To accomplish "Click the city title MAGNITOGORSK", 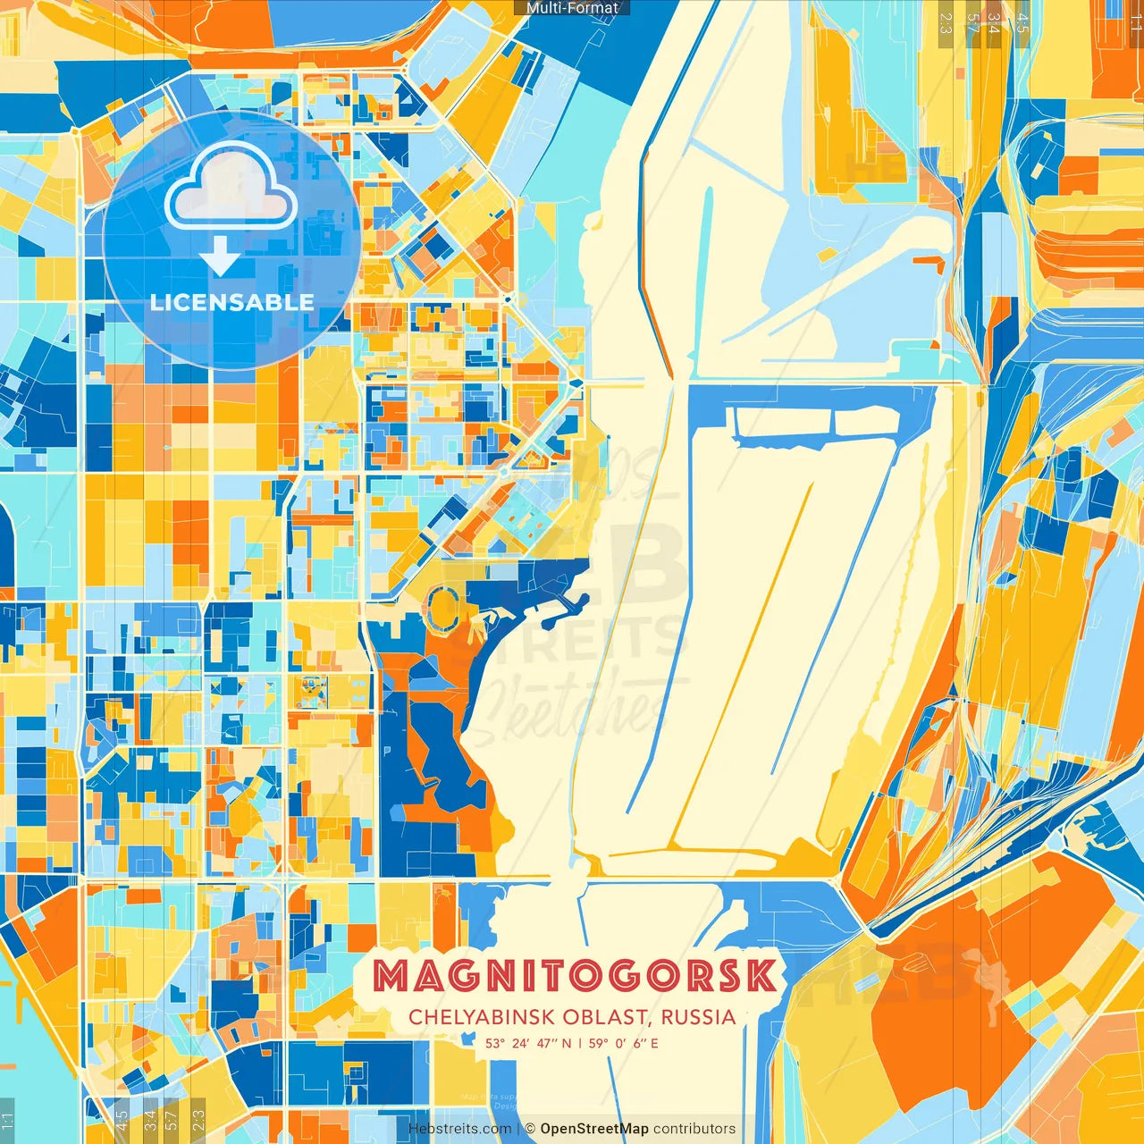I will click(574, 976).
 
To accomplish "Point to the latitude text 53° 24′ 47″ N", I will click(528, 1043).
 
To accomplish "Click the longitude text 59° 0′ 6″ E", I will click(624, 1043).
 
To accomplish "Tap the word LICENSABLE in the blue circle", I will click(231, 302).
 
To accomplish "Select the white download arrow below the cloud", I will click(220, 257).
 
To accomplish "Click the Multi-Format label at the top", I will click(572, 8).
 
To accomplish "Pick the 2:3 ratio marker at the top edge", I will click(945, 22).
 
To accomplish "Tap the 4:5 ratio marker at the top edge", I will click(1022, 22).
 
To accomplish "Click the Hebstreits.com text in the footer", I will click(459, 1129).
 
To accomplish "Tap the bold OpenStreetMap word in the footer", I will click(593, 1129).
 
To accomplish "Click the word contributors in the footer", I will click(694, 1129).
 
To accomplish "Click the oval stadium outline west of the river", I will click(442, 607).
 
